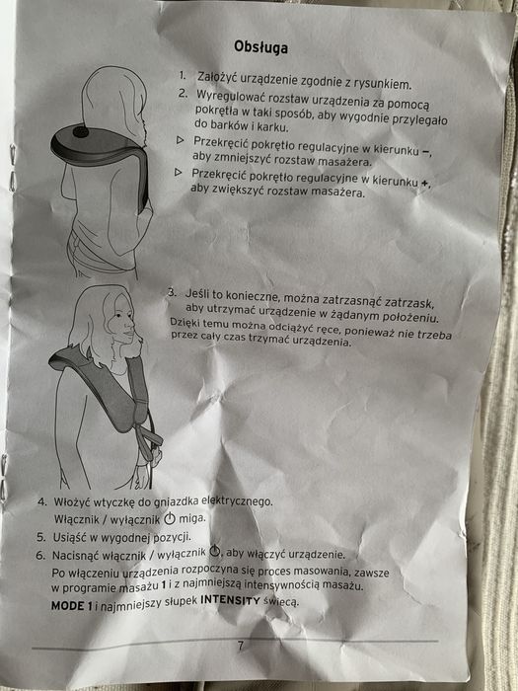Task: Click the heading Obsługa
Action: coord(260,46)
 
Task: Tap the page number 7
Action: coord(240,646)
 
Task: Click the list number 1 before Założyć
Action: coord(183,75)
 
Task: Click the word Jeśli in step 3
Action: coord(197,294)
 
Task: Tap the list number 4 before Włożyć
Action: coord(42,501)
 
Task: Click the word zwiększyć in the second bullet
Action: coord(242,189)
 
